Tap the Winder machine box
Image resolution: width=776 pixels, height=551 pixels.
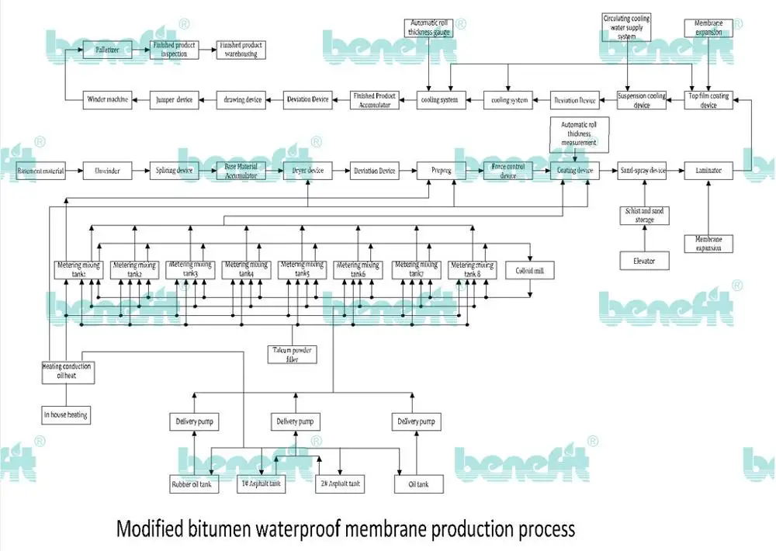pyautogui.click(x=106, y=99)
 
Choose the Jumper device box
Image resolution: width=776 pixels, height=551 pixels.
pyautogui.click(x=173, y=99)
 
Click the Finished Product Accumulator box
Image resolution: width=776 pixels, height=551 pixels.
pyautogui.click(x=374, y=100)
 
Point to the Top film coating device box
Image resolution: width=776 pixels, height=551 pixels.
pyautogui.click(x=708, y=100)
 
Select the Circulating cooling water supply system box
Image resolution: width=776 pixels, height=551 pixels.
pyautogui.click(x=626, y=27)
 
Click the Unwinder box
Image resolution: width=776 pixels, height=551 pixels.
pyautogui.click(x=107, y=171)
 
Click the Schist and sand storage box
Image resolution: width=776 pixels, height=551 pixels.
pyautogui.click(x=644, y=216)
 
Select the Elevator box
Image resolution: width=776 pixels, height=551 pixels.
pyautogui.click(x=643, y=261)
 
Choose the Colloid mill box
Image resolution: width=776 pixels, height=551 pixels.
pyautogui.click(x=529, y=271)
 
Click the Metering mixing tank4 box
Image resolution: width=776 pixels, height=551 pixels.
pyautogui.click(x=247, y=269)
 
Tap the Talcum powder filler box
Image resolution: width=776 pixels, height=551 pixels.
pyautogui.click(x=291, y=354)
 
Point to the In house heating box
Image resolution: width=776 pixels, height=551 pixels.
pyautogui.click(x=66, y=415)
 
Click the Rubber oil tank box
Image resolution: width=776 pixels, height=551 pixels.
pyautogui.click(x=194, y=485)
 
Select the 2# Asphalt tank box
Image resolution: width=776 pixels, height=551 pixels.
pyautogui.click(x=340, y=484)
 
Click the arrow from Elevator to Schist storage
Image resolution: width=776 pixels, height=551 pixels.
pyautogui.click(x=644, y=239)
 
